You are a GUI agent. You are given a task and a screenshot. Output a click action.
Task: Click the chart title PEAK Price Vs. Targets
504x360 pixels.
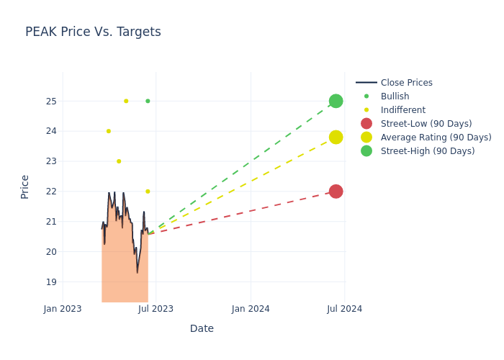(x=93, y=32)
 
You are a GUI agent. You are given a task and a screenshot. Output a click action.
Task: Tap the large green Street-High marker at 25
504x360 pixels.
(x=336, y=101)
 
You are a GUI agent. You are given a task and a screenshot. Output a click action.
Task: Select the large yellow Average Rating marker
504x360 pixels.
(x=336, y=137)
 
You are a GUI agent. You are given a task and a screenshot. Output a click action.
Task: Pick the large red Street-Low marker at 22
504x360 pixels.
(x=336, y=192)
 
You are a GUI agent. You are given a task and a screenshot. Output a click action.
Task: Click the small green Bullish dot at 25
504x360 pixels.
(x=148, y=101)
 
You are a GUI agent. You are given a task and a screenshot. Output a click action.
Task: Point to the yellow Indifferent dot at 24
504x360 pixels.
(x=109, y=131)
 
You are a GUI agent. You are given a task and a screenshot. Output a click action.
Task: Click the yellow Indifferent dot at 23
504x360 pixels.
(x=119, y=161)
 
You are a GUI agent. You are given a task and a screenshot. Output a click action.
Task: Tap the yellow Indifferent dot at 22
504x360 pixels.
(x=148, y=192)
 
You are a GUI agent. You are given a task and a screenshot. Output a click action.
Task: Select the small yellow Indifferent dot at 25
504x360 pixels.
(x=126, y=101)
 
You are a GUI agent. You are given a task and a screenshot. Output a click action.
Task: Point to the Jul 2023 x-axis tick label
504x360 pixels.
(x=156, y=309)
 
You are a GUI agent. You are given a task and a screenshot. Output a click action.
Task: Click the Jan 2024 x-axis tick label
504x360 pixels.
(x=251, y=309)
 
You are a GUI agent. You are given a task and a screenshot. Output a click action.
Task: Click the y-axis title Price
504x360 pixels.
(x=25, y=186)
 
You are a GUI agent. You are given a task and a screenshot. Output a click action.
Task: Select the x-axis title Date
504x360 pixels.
(x=202, y=328)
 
